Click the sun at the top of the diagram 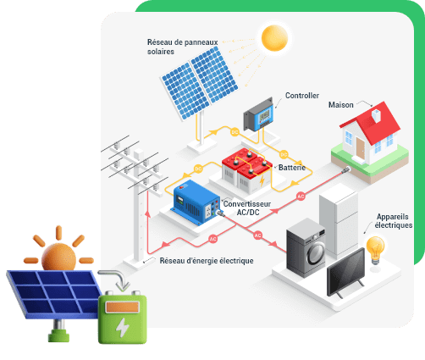(x=275, y=37)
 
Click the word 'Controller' (x=302, y=96)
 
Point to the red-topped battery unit (x=245, y=165)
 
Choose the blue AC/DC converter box (x=196, y=202)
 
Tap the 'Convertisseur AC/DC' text (x=245, y=209)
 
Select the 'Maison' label (x=340, y=105)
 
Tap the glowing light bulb (x=374, y=249)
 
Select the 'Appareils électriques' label (x=394, y=221)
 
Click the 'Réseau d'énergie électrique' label (x=207, y=260)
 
